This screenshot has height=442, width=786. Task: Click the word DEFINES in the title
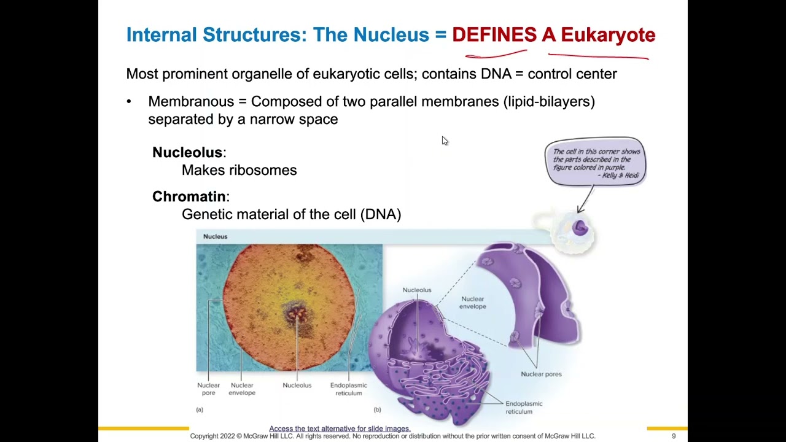click(494, 35)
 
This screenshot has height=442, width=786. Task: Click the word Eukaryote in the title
click(608, 35)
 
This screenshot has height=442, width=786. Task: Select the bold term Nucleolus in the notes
click(187, 152)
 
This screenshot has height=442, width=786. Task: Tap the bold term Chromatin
click(189, 196)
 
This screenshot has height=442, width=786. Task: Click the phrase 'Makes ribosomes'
click(239, 170)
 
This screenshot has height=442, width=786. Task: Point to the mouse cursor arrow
click(444, 141)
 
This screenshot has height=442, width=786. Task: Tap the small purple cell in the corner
click(580, 228)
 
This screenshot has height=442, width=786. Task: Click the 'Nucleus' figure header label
click(215, 236)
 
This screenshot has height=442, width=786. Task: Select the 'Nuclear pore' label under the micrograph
click(208, 389)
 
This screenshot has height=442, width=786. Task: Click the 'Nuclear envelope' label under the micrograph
click(241, 389)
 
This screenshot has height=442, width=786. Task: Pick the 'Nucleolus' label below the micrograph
click(297, 386)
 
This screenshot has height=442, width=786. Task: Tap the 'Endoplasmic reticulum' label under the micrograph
click(348, 389)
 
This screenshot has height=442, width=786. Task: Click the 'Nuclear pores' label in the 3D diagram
click(541, 374)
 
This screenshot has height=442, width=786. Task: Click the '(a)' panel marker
click(200, 409)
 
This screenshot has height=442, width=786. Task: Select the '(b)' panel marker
click(377, 409)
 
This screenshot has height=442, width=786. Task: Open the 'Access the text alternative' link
click(340, 428)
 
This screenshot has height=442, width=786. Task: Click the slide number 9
click(674, 436)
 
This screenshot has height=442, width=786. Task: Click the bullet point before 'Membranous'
click(129, 101)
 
